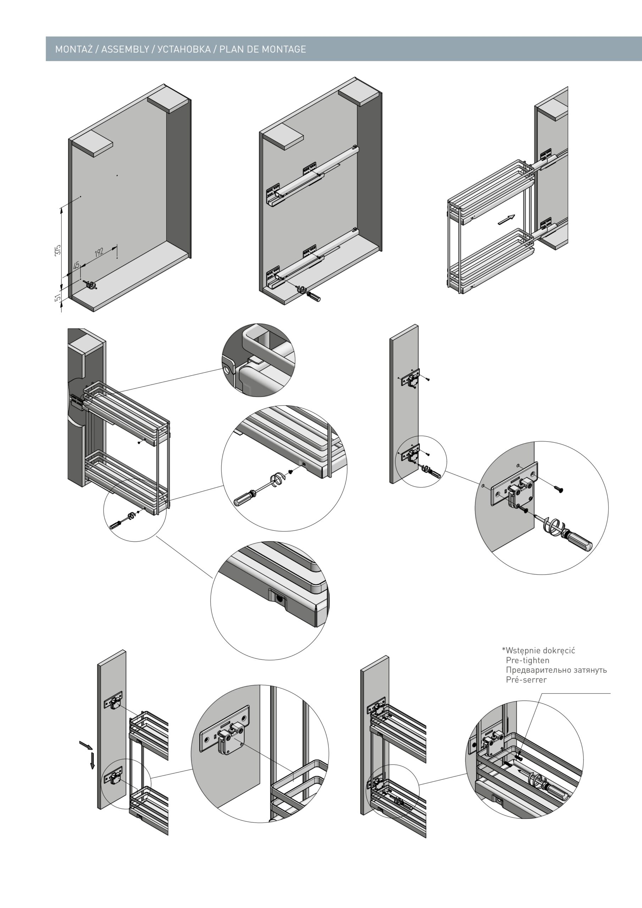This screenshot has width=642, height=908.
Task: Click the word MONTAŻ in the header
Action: (x=73, y=49)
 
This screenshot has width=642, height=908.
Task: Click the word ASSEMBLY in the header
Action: (x=125, y=49)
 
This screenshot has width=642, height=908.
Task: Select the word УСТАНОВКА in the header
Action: (x=184, y=49)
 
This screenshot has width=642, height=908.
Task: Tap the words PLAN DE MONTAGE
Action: (x=263, y=49)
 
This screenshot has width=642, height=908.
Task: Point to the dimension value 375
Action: (x=58, y=250)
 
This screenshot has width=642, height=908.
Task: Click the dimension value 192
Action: (x=99, y=251)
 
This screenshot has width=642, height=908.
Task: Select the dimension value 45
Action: (x=76, y=265)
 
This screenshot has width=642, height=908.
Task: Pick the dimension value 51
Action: (x=58, y=297)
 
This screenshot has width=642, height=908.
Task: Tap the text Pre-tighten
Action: (x=527, y=660)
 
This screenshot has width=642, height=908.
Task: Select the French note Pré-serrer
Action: (x=526, y=680)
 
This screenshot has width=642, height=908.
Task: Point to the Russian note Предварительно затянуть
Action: (x=556, y=670)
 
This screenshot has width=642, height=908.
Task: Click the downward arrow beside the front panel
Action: (x=92, y=760)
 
